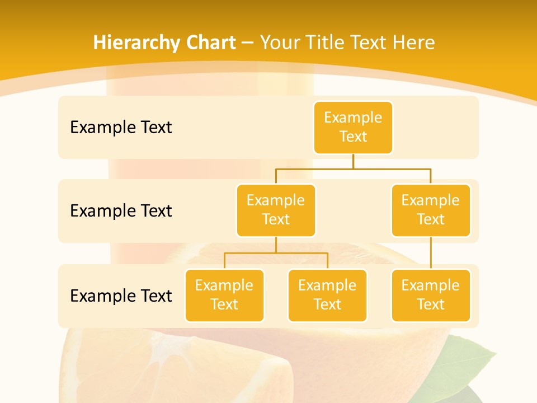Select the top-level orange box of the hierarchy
(x=353, y=128)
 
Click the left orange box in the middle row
(x=276, y=210)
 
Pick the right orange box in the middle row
(x=431, y=210)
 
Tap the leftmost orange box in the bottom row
(x=224, y=296)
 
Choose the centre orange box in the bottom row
(x=327, y=296)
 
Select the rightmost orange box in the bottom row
(x=431, y=296)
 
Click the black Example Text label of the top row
(x=121, y=128)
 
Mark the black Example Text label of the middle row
(x=121, y=211)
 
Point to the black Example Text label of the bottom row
(x=121, y=296)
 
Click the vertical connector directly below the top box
(x=353, y=161)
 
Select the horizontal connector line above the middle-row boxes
(x=353, y=168)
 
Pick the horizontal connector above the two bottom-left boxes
(x=276, y=253)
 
